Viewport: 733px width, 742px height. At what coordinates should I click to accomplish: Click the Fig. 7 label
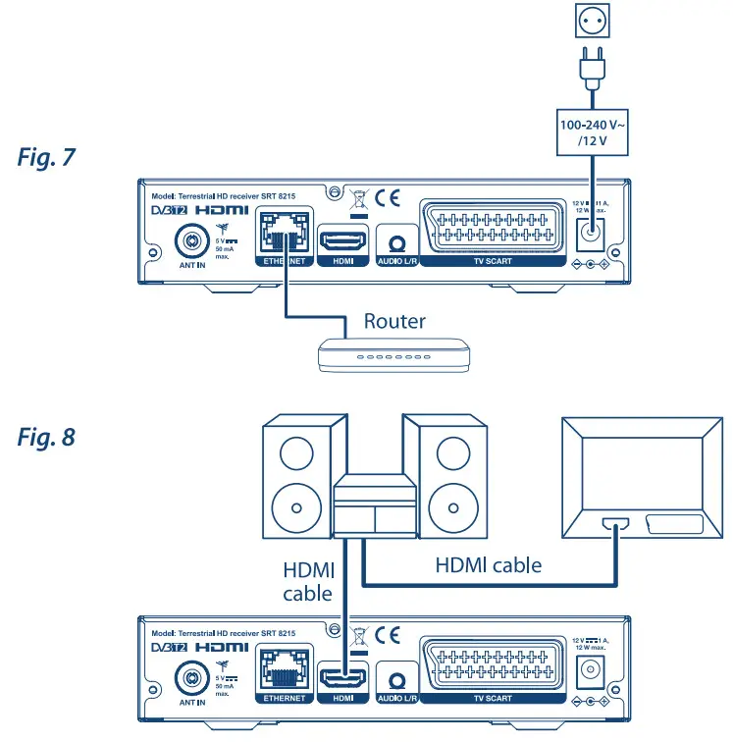[46, 157]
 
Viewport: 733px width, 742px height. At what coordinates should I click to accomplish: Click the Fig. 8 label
[46, 437]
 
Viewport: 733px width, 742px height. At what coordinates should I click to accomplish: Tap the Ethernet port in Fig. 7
[284, 235]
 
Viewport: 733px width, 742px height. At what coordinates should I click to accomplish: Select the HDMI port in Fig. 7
[342, 239]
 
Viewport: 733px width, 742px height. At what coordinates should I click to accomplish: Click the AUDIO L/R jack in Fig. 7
[396, 241]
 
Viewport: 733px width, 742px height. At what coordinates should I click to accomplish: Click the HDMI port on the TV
[615, 525]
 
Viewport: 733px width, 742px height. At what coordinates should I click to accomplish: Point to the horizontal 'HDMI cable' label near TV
[488, 565]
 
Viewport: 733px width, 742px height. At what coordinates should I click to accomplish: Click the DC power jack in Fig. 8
[592, 670]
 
